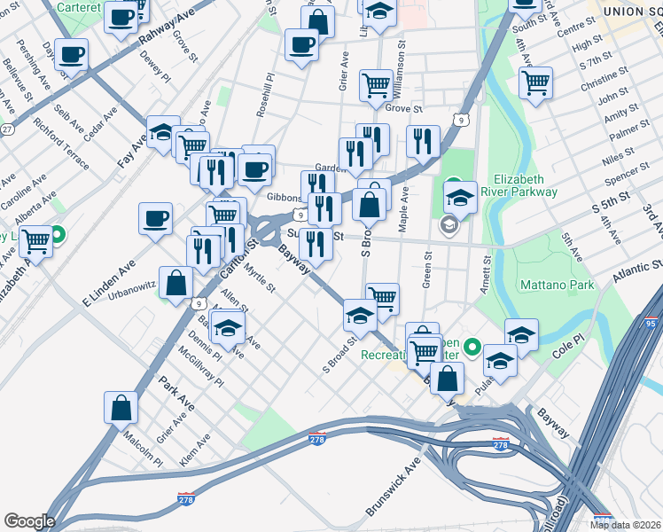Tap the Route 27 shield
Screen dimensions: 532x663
pyautogui.click(x=7, y=129)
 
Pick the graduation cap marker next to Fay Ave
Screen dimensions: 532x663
pyautogui.click(x=162, y=133)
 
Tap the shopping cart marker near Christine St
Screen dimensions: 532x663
pyautogui.click(x=535, y=82)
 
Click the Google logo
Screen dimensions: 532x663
pyautogui.click(x=29, y=521)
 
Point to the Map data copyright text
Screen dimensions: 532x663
pyautogui.click(x=625, y=524)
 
